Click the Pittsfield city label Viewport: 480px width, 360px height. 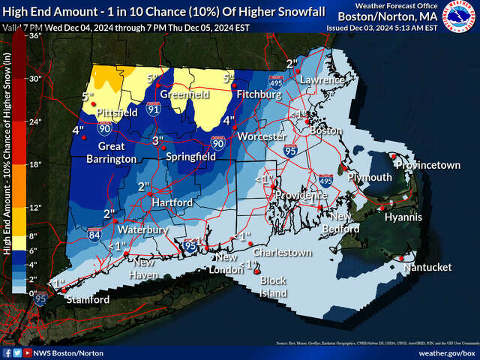116,112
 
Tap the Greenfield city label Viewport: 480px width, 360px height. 177,95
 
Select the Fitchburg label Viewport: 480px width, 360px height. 259,95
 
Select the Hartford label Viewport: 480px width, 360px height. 172,202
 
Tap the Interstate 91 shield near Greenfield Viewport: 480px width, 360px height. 153,109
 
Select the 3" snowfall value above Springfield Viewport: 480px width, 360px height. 157,140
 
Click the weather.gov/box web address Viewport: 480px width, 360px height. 445,352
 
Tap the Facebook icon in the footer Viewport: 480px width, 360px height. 7,352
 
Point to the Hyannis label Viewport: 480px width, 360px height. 403,217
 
